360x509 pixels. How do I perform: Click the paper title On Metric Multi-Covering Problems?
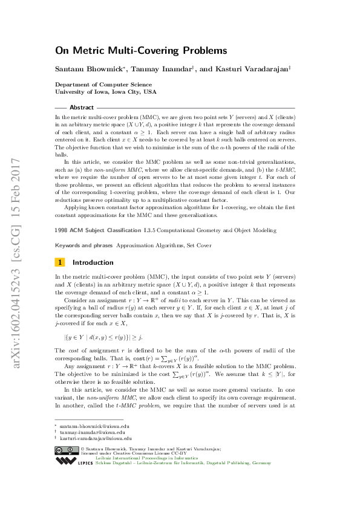coord(141,51)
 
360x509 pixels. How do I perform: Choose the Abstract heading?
coord(82,107)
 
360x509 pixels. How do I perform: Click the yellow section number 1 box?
coord(60,262)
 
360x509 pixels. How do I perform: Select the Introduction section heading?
coord(93,262)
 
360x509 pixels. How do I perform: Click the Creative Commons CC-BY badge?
coord(66,432)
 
